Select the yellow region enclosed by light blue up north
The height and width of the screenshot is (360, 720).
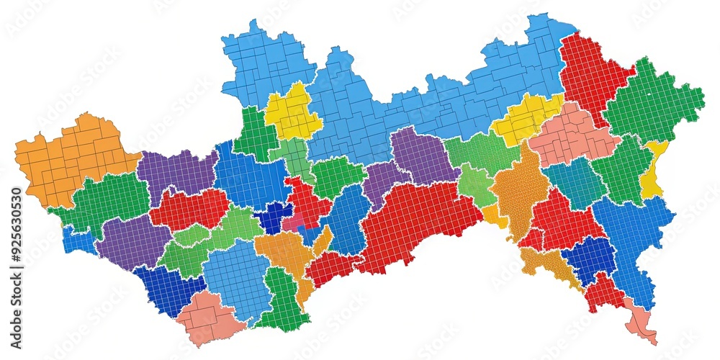292,112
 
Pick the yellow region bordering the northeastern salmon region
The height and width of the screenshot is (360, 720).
526,119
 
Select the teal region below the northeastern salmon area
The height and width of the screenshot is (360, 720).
576,184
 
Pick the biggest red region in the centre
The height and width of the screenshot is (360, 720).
414,223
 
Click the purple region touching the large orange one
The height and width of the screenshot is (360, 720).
176,173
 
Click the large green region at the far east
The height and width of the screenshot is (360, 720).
652,104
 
